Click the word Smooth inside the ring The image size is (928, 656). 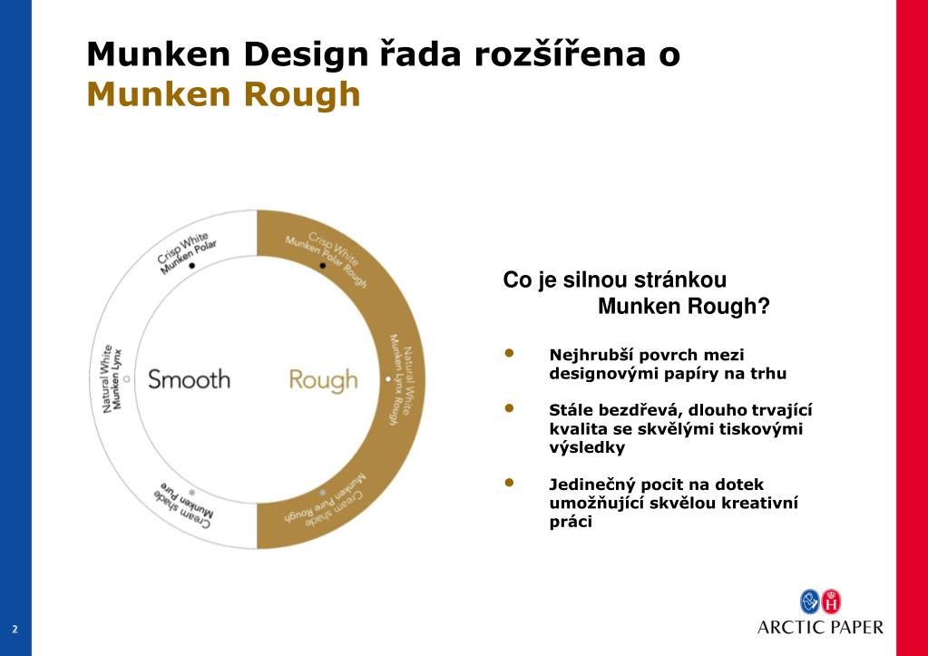[189, 378]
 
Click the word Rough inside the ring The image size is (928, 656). [323, 379]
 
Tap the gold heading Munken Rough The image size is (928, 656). [223, 93]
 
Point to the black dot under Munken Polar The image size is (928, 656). [192, 265]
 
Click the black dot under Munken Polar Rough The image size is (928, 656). [322, 266]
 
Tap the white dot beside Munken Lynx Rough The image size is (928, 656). [387, 378]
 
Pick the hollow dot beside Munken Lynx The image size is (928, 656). [126, 378]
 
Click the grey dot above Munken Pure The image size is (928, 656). [192, 491]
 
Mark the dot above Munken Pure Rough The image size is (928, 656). [322, 491]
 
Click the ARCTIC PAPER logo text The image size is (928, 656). [820, 626]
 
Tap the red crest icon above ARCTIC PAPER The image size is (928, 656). [830, 601]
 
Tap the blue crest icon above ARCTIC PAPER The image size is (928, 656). [809, 601]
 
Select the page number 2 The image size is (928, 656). [15, 629]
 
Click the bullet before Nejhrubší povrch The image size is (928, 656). [510, 353]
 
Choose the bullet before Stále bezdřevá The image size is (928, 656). [510, 409]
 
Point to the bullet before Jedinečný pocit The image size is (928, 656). [510, 483]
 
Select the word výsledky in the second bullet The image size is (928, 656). [587, 447]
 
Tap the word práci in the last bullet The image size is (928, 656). [571, 522]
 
